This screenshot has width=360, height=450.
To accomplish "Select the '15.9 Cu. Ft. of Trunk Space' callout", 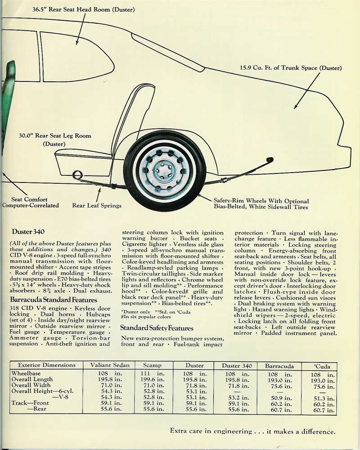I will [291, 68].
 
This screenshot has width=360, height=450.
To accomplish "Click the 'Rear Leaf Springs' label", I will [97, 206].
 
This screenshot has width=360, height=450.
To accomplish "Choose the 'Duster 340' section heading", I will [28, 232].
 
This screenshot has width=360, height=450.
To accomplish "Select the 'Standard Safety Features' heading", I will [156, 328].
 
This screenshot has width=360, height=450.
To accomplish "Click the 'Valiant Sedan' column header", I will [108, 366].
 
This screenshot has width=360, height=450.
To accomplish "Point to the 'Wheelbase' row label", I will [26, 374].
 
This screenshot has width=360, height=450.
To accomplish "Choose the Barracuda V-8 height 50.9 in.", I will [279, 398].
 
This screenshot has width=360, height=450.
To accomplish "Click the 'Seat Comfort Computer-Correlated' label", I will [30, 203].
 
